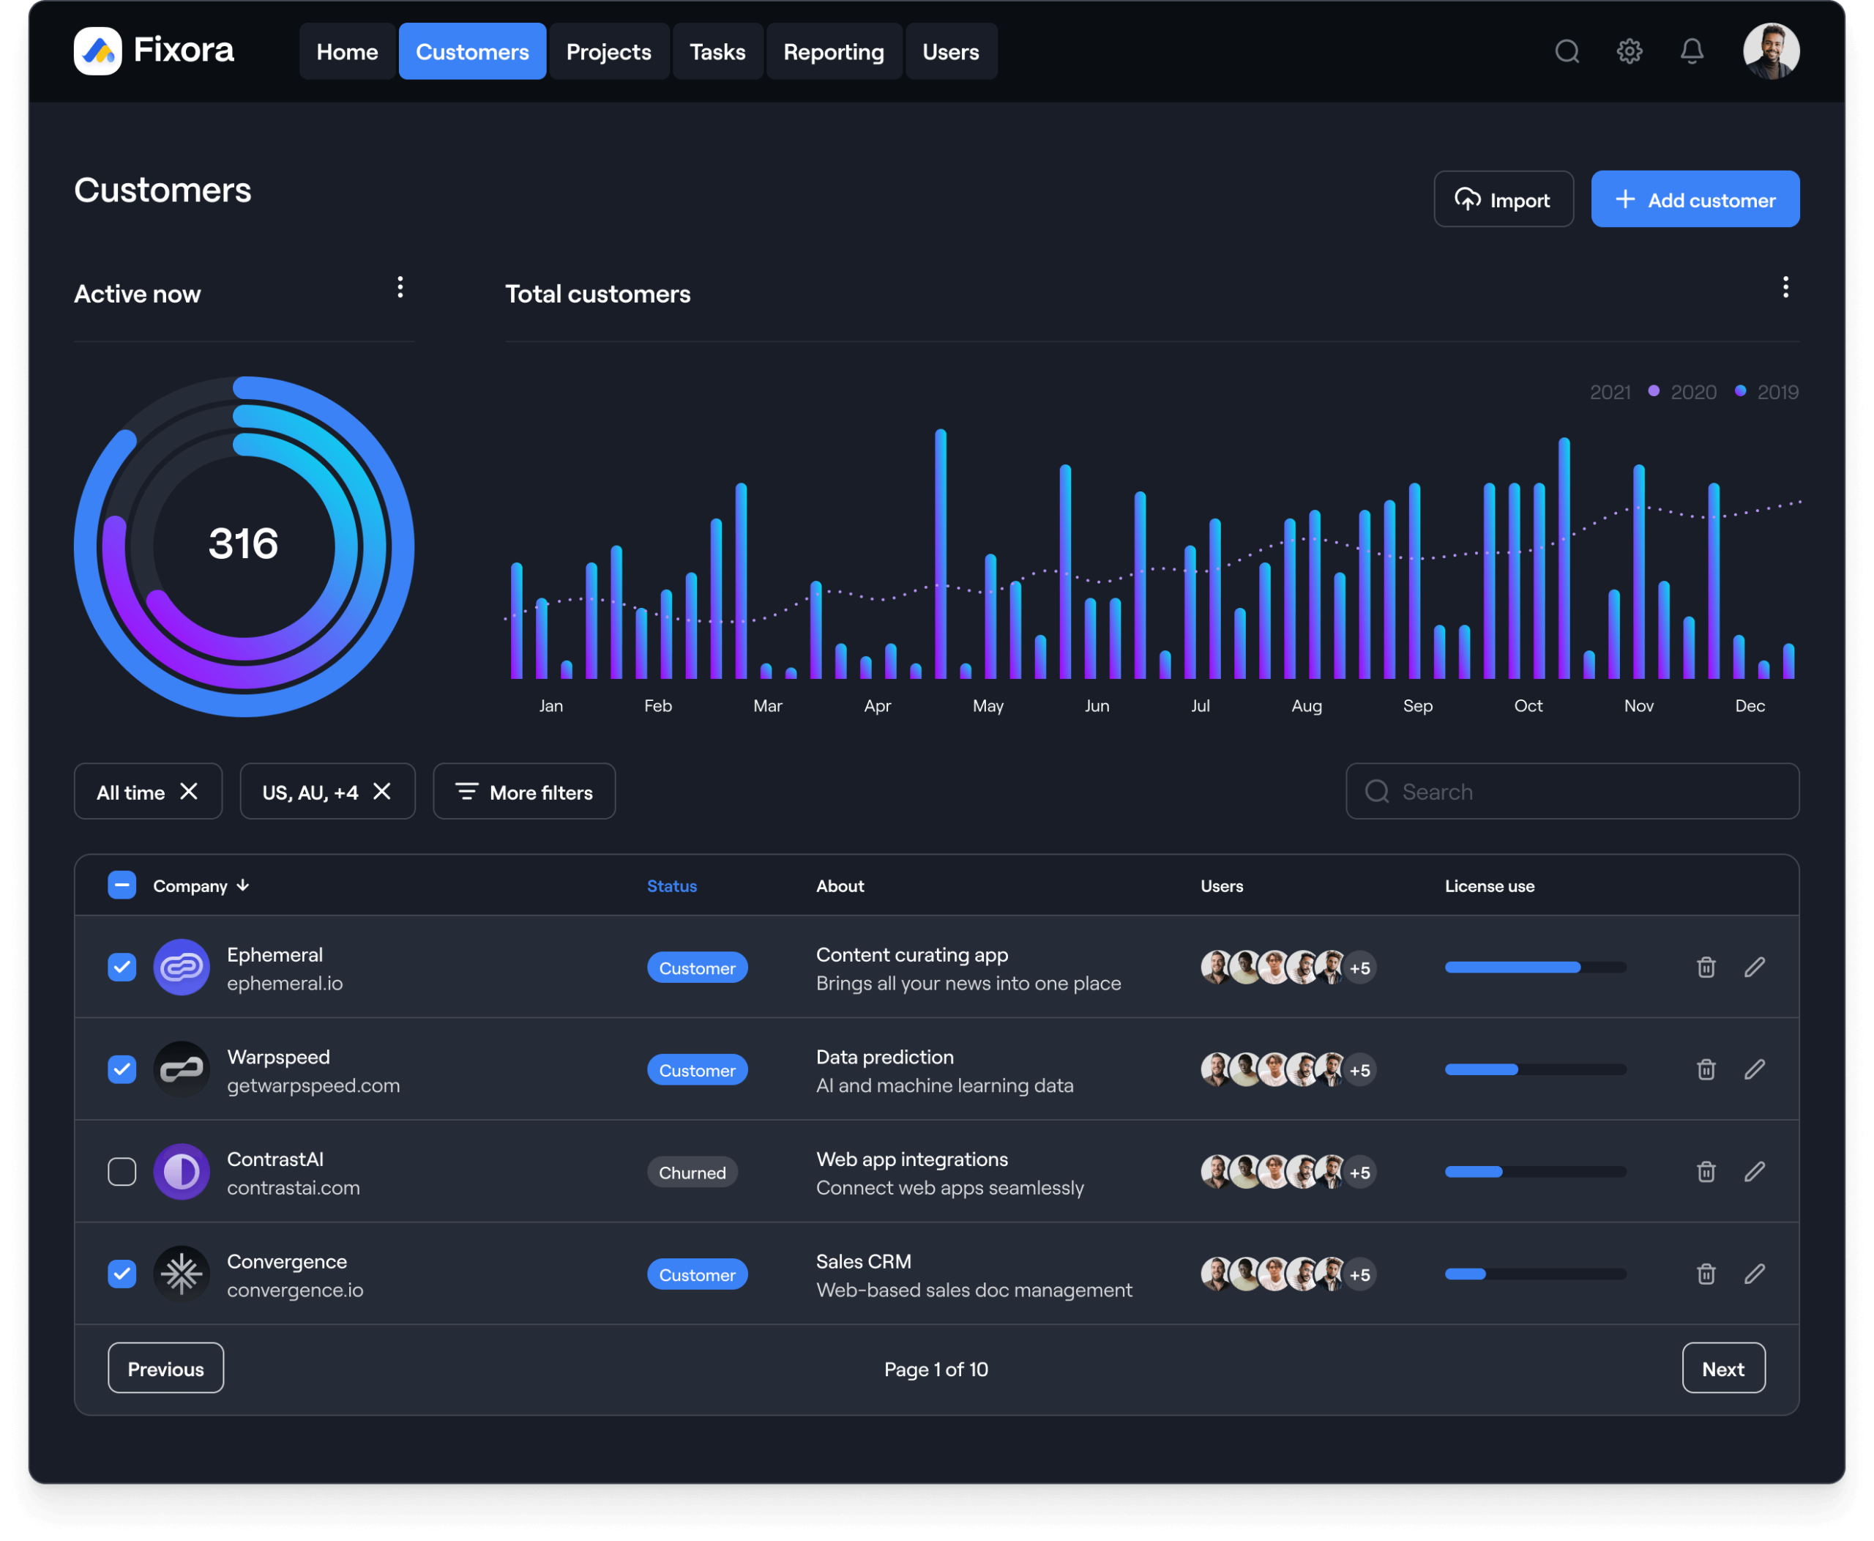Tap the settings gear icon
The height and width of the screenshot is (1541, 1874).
1629,51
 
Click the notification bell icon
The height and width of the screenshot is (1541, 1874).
1691,51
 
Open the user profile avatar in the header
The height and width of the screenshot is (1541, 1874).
1770,51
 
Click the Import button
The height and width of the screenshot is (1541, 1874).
1503,200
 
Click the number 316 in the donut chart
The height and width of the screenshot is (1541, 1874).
243,544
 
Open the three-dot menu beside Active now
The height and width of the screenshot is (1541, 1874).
400,288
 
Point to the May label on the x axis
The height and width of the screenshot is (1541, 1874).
988,707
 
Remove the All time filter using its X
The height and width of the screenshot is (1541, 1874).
189,792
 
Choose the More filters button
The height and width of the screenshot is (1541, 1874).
524,792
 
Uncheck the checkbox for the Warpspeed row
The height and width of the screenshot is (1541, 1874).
122,1069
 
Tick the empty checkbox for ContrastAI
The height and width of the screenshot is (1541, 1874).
122,1172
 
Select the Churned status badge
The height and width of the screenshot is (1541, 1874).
692,1173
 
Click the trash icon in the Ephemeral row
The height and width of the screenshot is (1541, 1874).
1706,968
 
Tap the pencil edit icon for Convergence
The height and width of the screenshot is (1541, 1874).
1754,1274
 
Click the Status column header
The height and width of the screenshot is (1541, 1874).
672,886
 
